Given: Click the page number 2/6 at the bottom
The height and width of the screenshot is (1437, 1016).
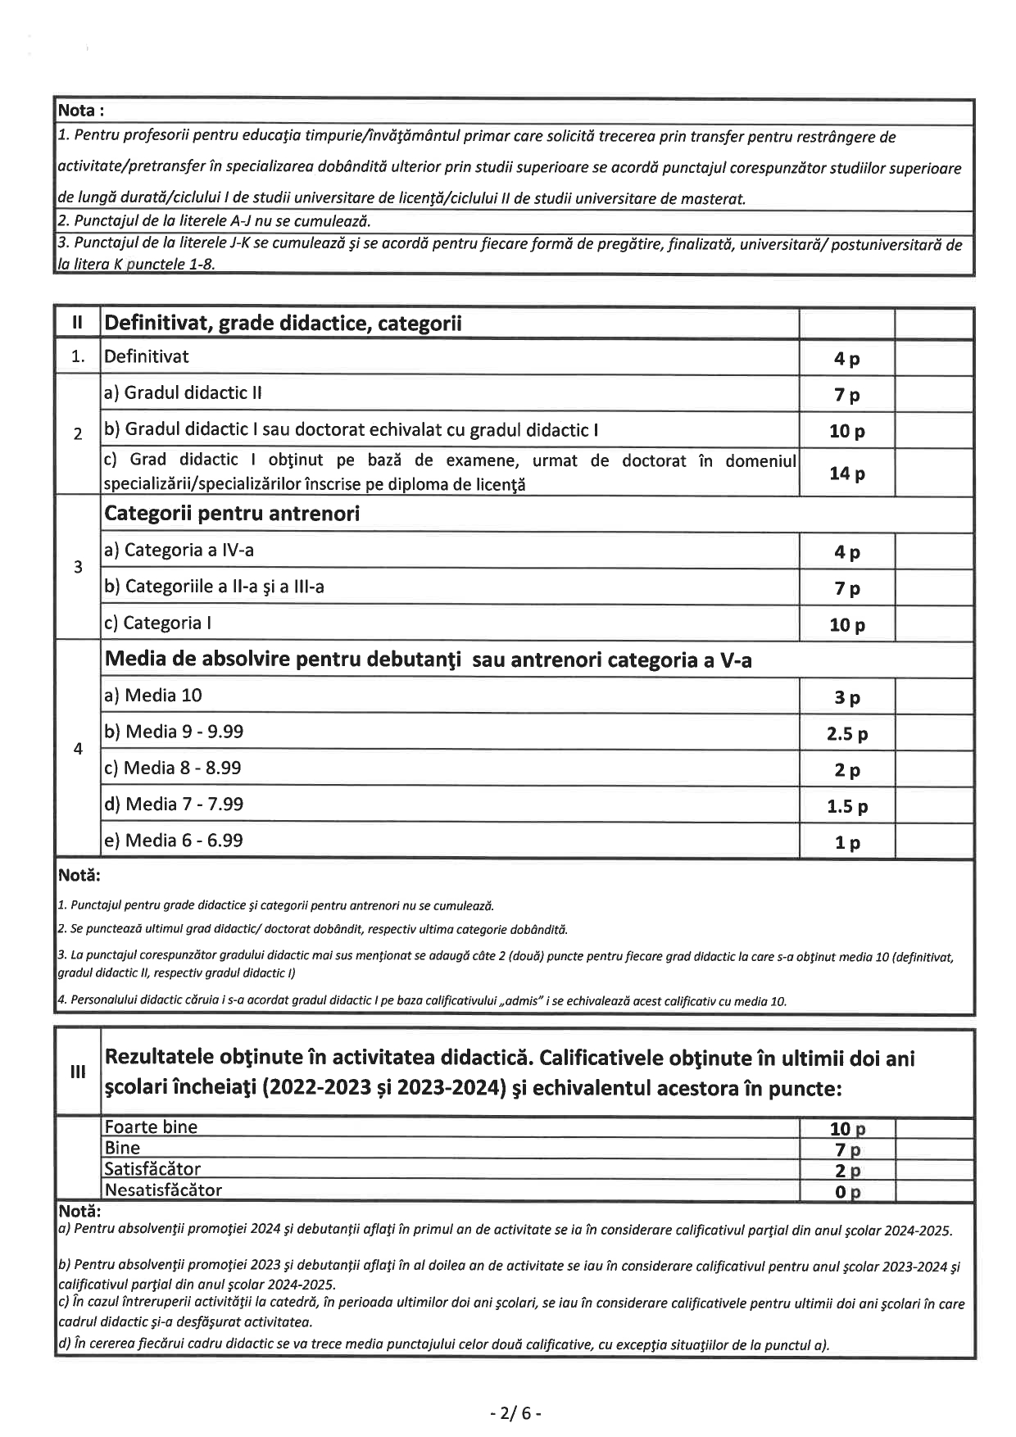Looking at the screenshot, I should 515,1413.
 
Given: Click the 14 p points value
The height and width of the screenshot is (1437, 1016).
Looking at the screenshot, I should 847,474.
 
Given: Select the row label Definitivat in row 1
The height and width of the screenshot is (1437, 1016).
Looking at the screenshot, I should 146,356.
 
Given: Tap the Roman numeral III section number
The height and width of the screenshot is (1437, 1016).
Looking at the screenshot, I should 79,1072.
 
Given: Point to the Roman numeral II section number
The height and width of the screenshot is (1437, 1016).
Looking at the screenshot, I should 79,323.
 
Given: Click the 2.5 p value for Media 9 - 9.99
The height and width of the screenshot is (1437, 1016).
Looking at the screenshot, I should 847,734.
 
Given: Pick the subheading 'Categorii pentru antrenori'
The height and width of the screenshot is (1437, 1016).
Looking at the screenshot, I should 232,514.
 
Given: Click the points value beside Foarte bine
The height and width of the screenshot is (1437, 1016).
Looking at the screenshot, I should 847,1129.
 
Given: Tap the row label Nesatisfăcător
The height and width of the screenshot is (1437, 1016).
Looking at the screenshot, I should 163,1190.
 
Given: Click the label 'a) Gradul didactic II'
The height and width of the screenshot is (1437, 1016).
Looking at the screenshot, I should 182,392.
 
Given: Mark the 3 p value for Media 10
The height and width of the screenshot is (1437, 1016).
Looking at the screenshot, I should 847,698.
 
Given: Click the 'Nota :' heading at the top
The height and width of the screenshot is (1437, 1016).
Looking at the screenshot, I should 80,111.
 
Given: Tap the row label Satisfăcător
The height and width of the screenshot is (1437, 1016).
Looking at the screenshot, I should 152,1169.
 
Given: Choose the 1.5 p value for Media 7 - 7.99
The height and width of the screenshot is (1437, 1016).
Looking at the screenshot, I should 847,807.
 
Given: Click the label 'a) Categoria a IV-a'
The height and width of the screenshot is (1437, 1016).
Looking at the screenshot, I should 179,550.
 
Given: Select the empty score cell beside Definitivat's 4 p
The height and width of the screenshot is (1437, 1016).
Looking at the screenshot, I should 933,358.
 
